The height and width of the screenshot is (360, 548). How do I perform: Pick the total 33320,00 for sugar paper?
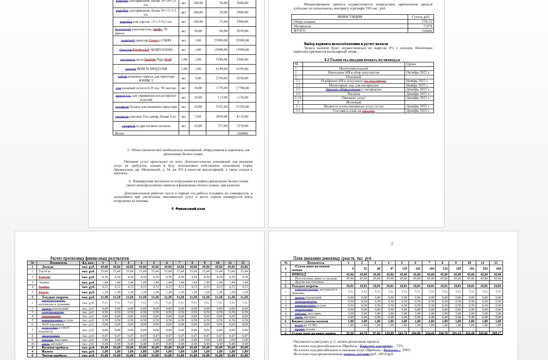(x=242, y=107)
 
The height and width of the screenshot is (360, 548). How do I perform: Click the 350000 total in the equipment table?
(x=242, y=133)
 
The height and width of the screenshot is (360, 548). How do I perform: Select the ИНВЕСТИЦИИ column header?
(x=350, y=17)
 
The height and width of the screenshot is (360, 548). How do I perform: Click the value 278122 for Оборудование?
(x=427, y=21)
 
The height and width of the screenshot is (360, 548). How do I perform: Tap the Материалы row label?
(x=303, y=26)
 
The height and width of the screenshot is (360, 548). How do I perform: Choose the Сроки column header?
(x=411, y=64)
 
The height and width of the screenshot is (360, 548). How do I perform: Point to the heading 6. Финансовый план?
(x=188, y=209)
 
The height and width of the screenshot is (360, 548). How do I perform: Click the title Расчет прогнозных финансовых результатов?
(x=90, y=258)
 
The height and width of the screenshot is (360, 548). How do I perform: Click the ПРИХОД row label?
(x=299, y=274)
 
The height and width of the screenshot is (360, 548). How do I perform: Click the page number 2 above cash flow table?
(x=392, y=244)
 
